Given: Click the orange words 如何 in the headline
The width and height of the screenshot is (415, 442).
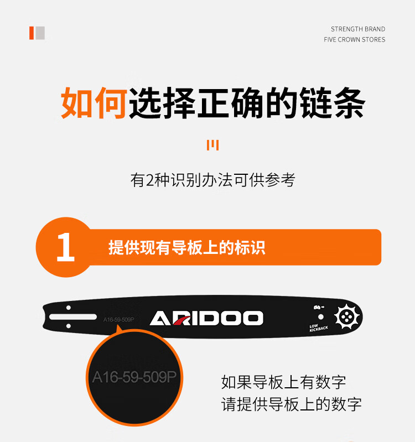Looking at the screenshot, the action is [94, 102].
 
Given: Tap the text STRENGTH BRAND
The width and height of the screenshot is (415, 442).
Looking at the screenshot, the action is [358, 29].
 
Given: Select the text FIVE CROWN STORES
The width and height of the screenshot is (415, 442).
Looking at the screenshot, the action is [354, 40].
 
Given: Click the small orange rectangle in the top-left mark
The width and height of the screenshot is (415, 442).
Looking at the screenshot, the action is [32, 33].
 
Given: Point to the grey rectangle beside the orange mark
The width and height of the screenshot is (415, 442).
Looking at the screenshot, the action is [40, 33].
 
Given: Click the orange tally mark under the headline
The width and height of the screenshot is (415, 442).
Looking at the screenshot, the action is [212, 145].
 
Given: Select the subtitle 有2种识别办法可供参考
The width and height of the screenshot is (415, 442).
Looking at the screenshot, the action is [213, 180].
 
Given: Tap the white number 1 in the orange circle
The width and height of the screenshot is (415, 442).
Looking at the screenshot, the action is [65, 247].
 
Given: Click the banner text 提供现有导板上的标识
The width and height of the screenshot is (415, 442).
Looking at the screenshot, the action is [187, 247].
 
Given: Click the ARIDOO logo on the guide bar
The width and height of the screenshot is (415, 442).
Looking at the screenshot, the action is [206, 318].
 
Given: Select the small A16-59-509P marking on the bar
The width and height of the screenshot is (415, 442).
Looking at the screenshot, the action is [119, 319].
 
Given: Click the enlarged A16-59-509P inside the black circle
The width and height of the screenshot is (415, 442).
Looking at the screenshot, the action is [134, 377].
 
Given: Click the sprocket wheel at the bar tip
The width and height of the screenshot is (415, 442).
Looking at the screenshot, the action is [347, 316].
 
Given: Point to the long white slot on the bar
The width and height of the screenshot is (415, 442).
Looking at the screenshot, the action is [73, 317].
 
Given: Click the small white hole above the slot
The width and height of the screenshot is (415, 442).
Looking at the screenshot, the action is [68, 308].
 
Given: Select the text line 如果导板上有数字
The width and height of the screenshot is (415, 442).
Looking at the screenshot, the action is [283, 382].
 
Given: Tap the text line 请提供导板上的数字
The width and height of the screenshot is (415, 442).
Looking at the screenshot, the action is [291, 404].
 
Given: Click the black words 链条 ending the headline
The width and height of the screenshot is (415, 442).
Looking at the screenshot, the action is [333, 102].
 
